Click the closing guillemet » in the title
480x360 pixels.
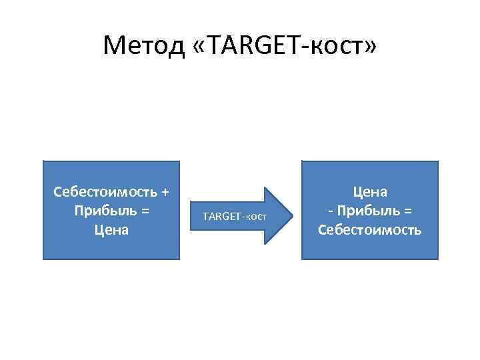370,47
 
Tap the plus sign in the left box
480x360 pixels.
164,193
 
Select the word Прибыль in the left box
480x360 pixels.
103,211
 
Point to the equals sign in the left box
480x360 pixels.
145,211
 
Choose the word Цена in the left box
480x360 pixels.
111,230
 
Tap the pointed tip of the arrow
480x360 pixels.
291,215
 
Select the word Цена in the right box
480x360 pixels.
370,192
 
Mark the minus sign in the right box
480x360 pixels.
330,211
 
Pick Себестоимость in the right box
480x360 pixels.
370,230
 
